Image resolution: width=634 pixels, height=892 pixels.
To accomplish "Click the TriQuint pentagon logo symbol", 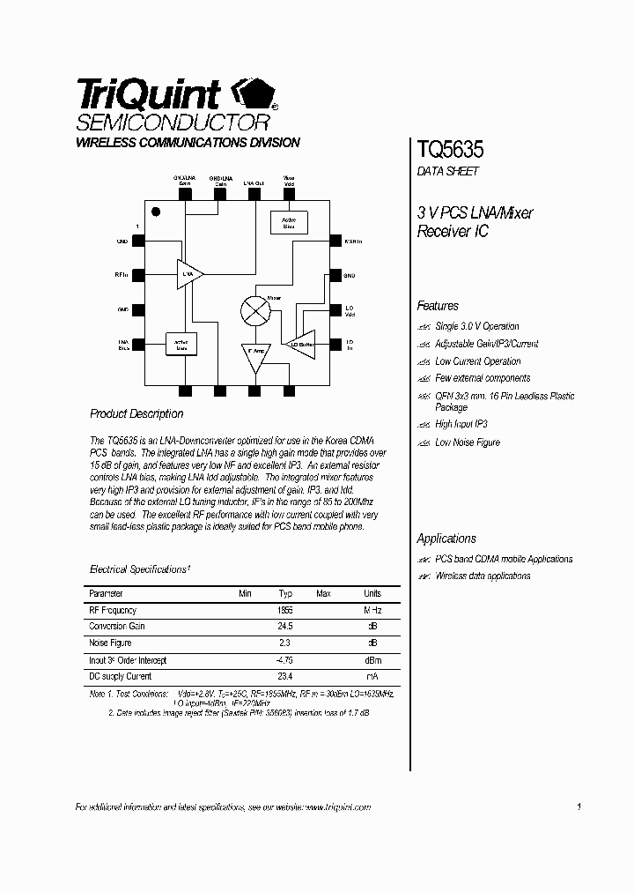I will click(x=254, y=93).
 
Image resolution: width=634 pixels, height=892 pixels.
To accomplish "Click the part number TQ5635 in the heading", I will click(x=449, y=149).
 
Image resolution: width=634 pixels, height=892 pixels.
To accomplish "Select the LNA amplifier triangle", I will click(x=189, y=275).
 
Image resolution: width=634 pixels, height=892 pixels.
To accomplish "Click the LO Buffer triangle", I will click(x=302, y=345).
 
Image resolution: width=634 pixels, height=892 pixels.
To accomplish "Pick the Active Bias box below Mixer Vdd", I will click(x=289, y=222).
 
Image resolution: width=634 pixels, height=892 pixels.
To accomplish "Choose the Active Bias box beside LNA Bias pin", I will click(x=181, y=345).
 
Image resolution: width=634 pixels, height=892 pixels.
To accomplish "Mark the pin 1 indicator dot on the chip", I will click(x=156, y=212).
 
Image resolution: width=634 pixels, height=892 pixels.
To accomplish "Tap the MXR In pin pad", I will click(x=335, y=241).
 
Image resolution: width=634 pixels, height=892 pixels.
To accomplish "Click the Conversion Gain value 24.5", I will click(x=284, y=627).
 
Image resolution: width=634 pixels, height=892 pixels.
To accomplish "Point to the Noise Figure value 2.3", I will click(x=284, y=643).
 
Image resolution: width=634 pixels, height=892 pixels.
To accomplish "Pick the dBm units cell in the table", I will click(x=372, y=660).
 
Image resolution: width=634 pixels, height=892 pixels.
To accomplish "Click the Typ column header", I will click(x=285, y=594).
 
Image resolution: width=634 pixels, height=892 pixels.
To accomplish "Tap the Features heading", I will click(x=438, y=306).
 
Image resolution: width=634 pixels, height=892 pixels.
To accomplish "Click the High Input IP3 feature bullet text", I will click(x=461, y=424).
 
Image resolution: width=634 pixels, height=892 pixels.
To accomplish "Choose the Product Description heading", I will click(x=136, y=413).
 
